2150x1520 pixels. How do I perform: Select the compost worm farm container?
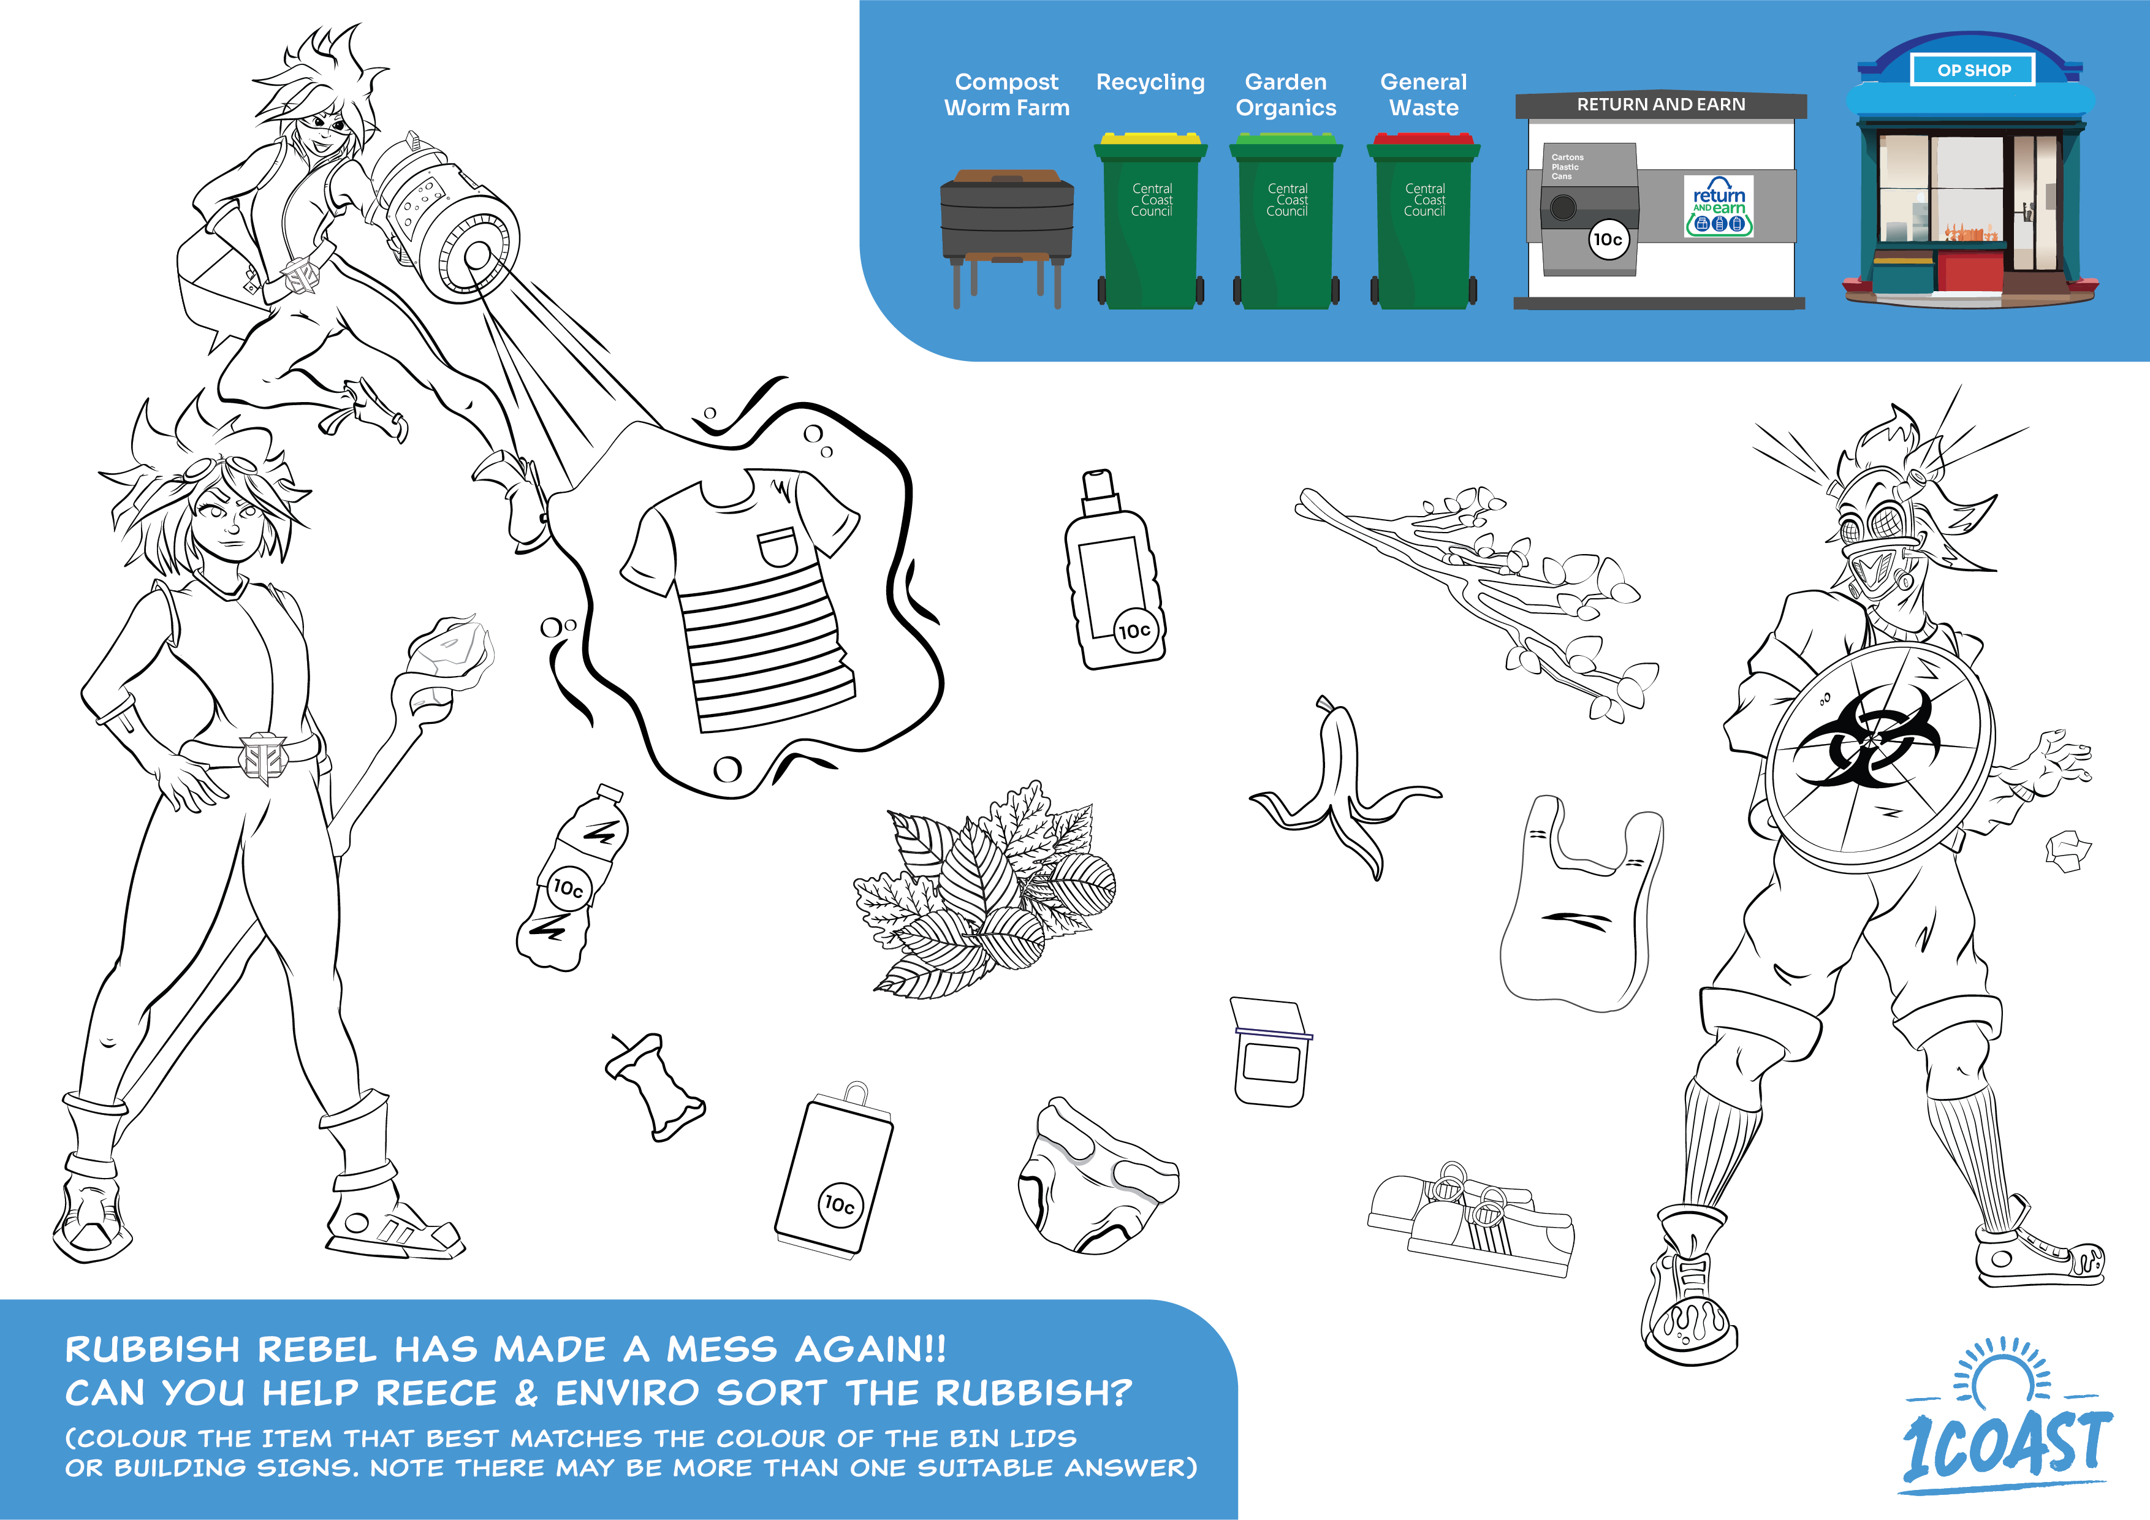[1006, 239]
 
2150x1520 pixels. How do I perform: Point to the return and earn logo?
[1719, 206]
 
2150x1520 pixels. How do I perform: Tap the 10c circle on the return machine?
[1608, 240]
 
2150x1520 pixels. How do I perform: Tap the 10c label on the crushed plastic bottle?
[568, 888]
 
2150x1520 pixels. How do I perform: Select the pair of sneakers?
[1471, 1217]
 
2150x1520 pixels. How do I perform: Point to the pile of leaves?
[985, 892]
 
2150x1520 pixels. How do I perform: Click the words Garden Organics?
[1286, 94]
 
